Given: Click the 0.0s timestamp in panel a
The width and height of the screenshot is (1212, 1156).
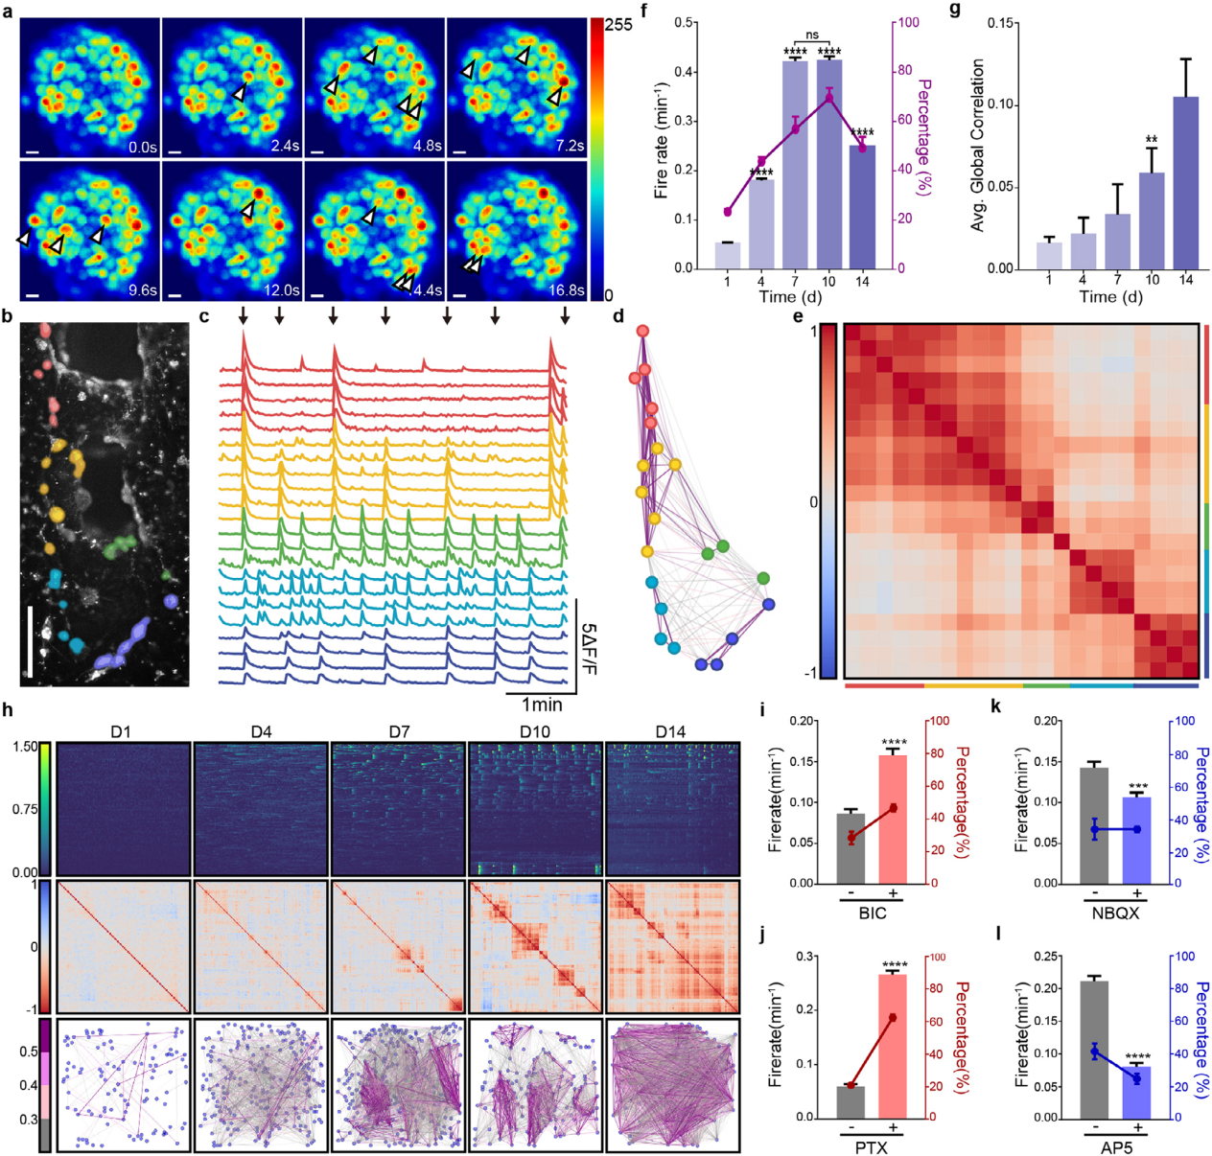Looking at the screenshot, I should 142,147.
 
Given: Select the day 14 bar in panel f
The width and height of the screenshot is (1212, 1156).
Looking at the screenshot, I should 862,207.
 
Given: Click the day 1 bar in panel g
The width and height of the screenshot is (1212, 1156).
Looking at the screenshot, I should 1050,255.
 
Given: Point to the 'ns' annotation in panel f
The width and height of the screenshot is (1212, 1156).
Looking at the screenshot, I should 812,35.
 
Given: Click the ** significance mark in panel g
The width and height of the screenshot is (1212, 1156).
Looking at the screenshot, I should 1152,140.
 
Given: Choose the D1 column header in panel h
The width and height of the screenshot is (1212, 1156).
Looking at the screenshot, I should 121,731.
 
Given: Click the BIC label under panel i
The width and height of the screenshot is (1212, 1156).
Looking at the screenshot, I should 873,913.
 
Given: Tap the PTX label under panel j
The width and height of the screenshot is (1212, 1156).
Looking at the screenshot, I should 872,1146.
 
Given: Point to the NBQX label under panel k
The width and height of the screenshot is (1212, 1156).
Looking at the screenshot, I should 1115,913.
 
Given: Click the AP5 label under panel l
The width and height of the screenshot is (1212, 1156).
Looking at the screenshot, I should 1116,1146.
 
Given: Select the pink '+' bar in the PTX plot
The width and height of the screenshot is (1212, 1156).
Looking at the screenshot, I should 893,1046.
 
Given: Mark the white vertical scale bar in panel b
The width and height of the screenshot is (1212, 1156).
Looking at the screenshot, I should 30,640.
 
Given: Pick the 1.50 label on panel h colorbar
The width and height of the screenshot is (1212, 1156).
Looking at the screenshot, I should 26,747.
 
